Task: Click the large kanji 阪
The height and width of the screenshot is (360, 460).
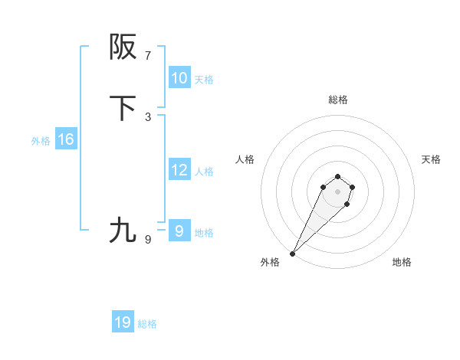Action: coord(123,47)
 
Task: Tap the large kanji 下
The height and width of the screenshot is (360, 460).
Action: coord(123,109)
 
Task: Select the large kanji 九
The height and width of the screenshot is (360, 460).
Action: coord(123,230)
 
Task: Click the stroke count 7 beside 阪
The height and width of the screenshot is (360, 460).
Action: coord(148,56)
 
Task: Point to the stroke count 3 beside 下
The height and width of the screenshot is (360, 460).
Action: coord(148,117)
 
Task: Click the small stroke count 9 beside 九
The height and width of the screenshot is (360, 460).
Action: coord(148,240)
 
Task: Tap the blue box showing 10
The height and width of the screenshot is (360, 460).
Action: coord(179,78)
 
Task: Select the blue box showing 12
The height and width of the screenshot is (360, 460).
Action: coord(179,170)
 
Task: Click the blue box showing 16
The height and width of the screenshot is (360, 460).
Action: coord(65,139)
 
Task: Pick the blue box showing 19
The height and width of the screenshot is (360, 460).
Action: coord(123,322)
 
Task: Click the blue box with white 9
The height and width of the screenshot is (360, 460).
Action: coord(179,231)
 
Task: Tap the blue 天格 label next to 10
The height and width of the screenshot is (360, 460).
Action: coord(204,80)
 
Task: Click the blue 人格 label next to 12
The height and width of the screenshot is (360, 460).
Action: coord(204,172)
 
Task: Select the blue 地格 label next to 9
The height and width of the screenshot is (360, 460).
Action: coord(204,233)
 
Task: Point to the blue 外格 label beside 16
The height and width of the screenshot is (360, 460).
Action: coord(41,141)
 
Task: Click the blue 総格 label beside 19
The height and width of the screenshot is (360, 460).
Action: coord(147,324)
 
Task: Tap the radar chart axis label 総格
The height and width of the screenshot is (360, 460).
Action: coord(338,100)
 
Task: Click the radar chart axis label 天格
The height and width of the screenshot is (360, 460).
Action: coord(431,159)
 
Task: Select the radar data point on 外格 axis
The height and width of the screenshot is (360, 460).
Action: coord(293,253)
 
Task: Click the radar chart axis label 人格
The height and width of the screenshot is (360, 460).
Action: coord(245,159)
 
